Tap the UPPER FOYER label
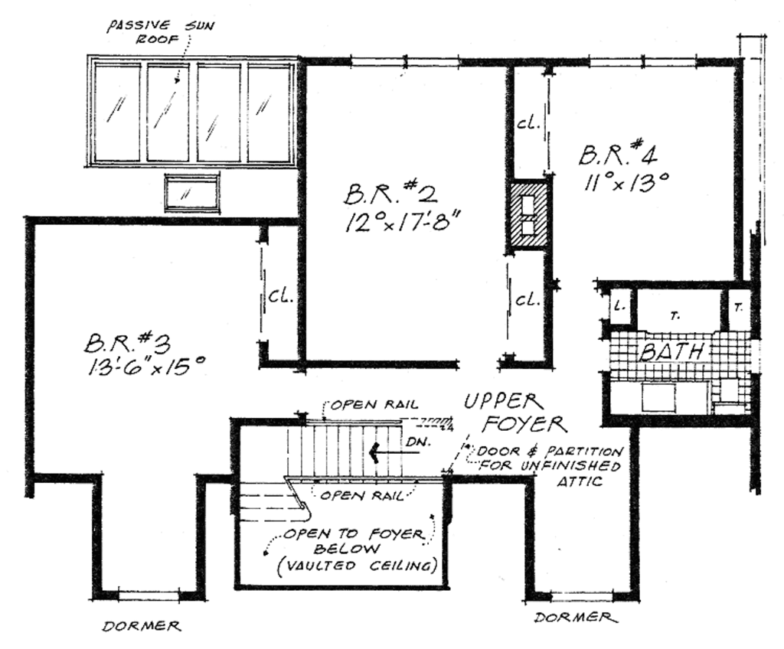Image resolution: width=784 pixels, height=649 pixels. click(x=514, y=413)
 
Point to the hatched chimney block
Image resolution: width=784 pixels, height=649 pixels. click(x=529, y=215)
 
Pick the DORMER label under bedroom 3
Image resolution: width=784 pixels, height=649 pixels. click(x=142, y=627)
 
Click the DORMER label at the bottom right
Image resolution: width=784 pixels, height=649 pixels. click(x=574, y=618)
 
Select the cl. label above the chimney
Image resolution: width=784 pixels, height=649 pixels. click(x=529, y=122)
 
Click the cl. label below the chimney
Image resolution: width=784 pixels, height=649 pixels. click(x=528, y=299)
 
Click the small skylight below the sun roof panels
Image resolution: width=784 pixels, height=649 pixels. click(x=191, y=192)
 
